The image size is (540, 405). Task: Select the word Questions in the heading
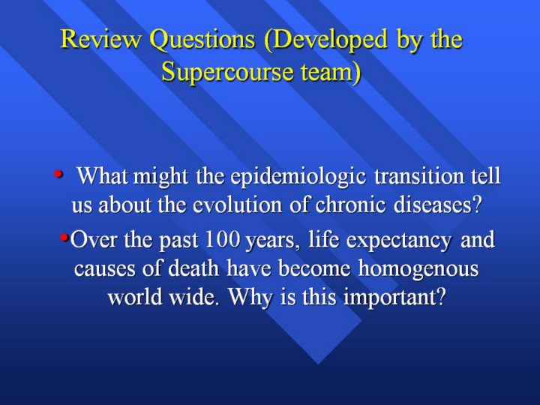[202, 40]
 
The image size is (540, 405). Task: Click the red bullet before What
[58, 174]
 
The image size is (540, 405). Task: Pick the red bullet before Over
[64, 237]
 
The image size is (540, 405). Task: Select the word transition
[418, 176]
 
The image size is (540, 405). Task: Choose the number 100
[223, 240]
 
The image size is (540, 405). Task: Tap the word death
[193, 268]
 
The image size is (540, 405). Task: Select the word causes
[104, 270]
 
